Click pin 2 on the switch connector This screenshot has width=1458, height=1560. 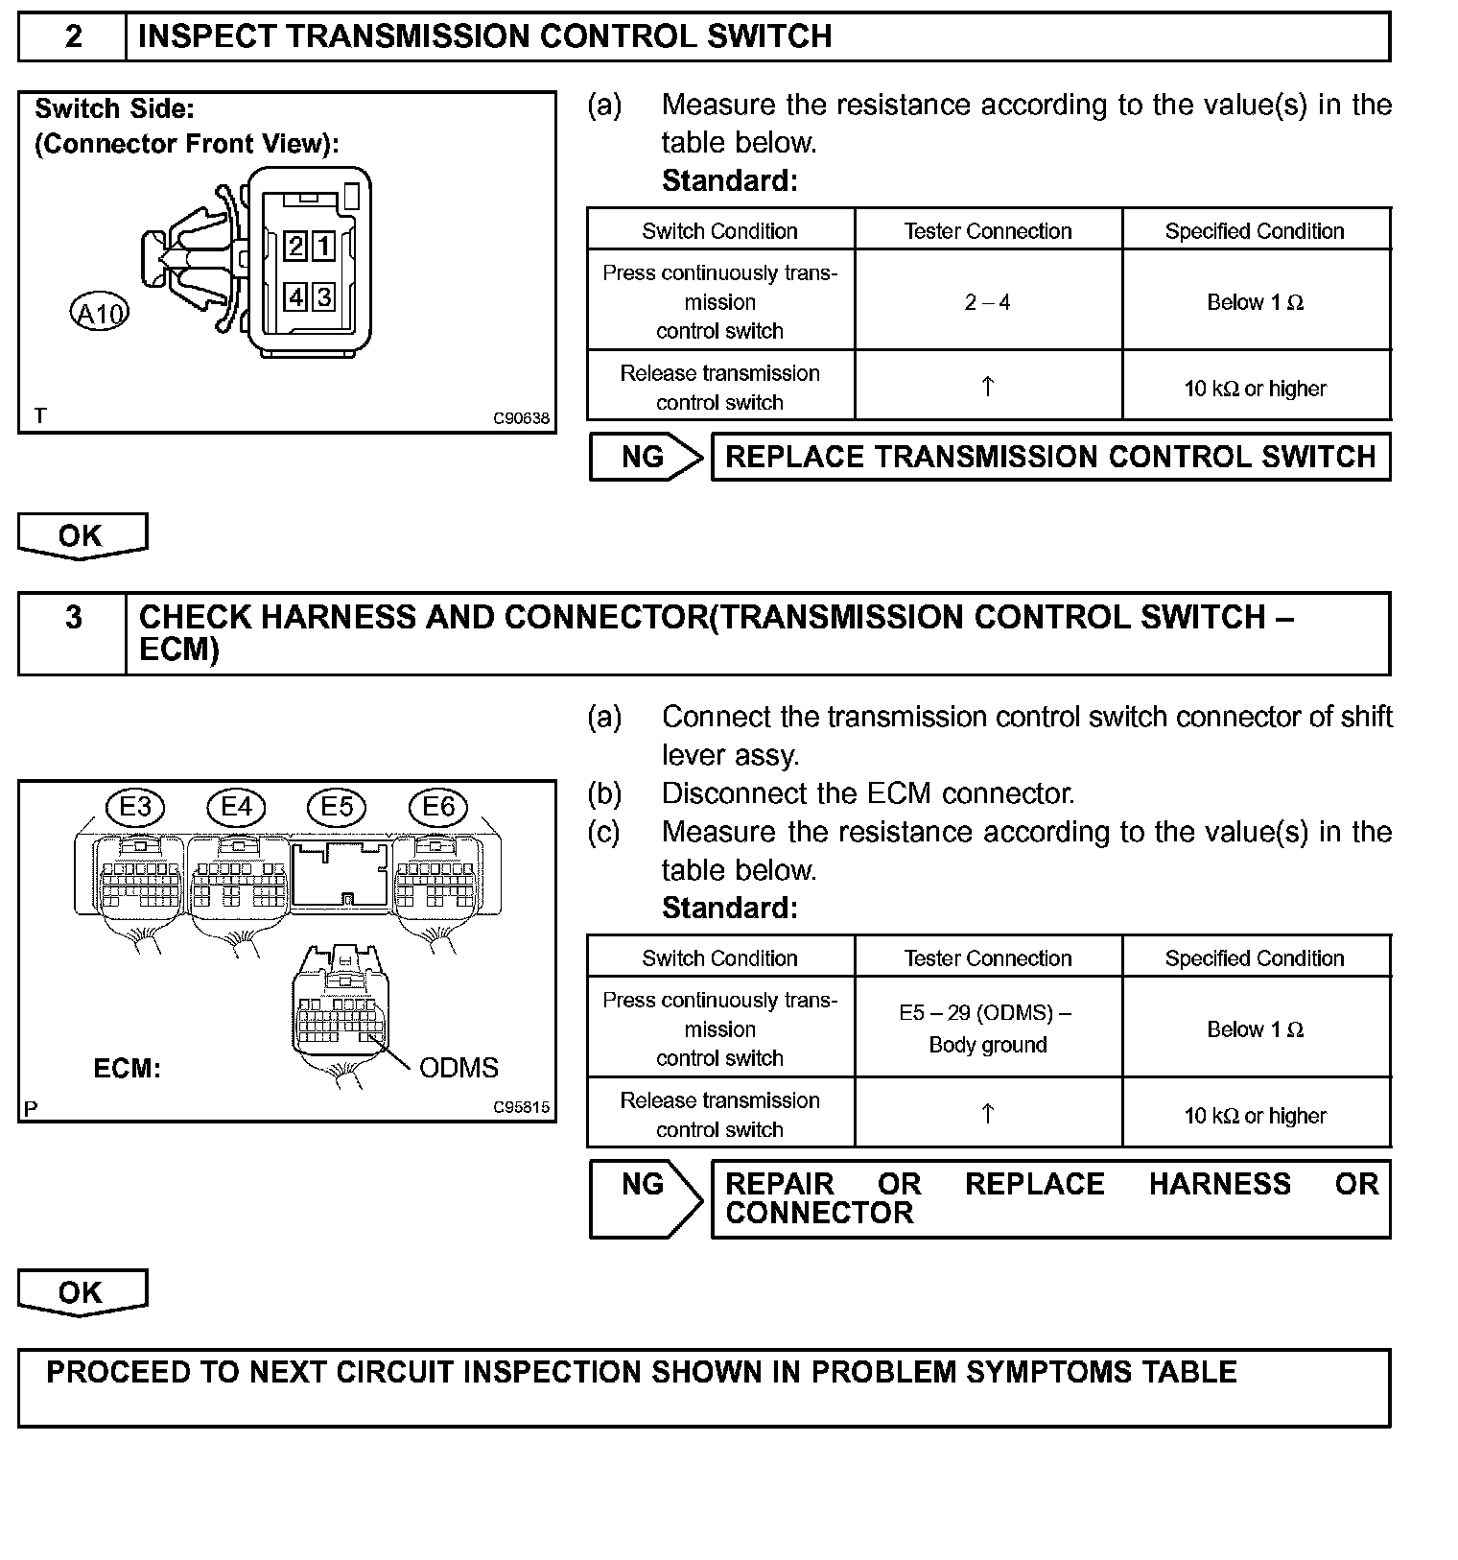coord(296,247)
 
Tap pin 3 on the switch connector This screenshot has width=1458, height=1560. coord(324,297)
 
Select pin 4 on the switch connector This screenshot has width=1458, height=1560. coord(296,297)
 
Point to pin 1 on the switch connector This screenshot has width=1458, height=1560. coord(324,247)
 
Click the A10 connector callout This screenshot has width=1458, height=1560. coord(99,313)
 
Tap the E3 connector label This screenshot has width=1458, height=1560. coord(135,807)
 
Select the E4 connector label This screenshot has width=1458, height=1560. coord(236,807)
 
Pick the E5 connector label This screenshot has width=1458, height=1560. coord(337,807)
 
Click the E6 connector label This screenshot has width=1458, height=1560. coord(438,807)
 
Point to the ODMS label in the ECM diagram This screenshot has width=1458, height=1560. coord(459,1068)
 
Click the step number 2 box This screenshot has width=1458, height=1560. coord(73,36)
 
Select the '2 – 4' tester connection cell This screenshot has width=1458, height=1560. coord(987,302)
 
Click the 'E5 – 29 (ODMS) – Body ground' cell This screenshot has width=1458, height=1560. coord(987,1028)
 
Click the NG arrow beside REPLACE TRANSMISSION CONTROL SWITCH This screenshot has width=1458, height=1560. coord(645,457)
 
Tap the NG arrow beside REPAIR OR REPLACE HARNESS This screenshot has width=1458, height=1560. coord(645,1197)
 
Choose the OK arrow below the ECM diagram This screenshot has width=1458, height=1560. coord(82,1292)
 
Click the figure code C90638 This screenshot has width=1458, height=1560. coord(521,418)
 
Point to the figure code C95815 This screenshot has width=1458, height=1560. coord(521,1107)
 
